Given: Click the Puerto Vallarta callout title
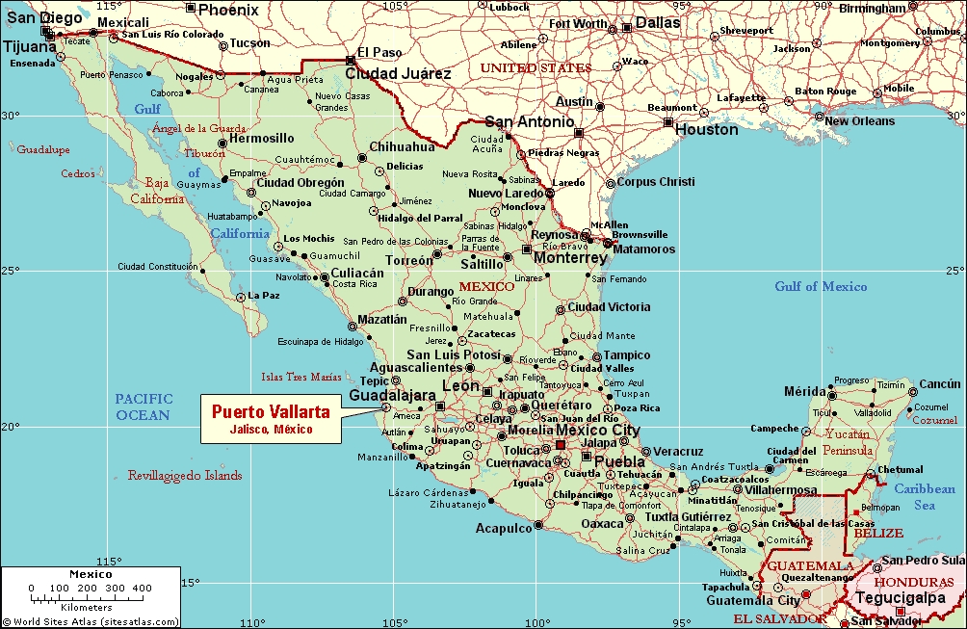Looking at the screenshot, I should (271, 411).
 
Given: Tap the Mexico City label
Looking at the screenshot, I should (599, 430).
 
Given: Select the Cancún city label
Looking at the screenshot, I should (940, 383).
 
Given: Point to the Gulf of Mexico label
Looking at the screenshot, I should (821, 286).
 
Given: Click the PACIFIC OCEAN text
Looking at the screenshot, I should (143, 406).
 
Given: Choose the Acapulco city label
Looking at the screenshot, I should (503, 528).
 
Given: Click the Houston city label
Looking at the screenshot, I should (706, 129).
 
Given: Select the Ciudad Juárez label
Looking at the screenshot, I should (398, 73).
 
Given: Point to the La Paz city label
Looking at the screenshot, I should (263, 296).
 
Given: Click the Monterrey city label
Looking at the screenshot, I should (570, 258).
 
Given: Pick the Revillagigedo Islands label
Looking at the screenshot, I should (185, 476).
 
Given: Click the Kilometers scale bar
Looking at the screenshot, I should (90, 592).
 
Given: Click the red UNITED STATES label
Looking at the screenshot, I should (536, 68).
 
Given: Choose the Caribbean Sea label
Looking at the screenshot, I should (924, 496).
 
